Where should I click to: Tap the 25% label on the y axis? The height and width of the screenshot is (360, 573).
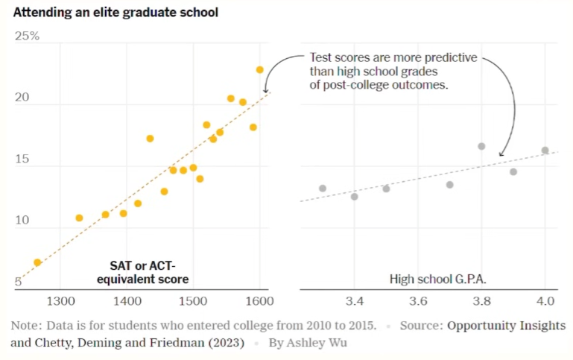[28, 36]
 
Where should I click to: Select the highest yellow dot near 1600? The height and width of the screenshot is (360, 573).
[260, 69]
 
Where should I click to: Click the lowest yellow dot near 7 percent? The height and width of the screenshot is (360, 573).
[37, 262]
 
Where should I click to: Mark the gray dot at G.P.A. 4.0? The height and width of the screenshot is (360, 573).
[545, 150]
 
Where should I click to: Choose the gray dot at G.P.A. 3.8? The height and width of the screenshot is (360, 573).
[481, 146]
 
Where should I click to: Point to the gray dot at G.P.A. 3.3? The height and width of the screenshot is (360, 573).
[323, 189]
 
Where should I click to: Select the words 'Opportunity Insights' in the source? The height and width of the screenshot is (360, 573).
[506, 326]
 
